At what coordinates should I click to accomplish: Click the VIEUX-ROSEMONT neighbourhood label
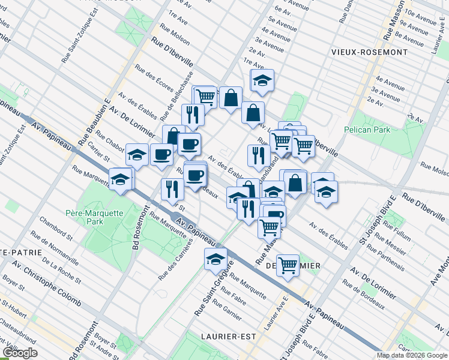click(x=369, y=52)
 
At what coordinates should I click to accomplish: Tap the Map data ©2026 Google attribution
click(x=412, y=355)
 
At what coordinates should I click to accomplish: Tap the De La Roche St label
click(x=62, y=270)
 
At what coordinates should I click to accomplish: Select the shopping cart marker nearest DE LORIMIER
click(x=288, y=264)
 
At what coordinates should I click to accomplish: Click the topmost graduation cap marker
click(x=262, y=80)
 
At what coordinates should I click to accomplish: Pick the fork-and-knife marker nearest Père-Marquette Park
click(x=172, y=189)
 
